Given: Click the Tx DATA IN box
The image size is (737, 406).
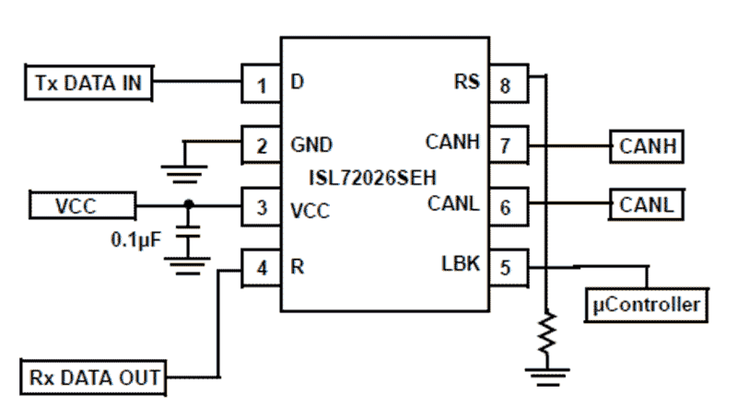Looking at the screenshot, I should (88, 83).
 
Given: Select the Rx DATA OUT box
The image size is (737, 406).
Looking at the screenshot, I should (93, 377).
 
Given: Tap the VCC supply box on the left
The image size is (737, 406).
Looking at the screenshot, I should (82, 206).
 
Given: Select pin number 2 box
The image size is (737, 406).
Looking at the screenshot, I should (261, 145).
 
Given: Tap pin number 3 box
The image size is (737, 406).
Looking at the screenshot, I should (261, 206).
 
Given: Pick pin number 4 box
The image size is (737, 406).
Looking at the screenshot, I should (261, 268).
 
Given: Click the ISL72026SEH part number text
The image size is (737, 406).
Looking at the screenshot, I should (373, 175).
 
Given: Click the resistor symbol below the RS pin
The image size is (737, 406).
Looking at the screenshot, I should (546, 333).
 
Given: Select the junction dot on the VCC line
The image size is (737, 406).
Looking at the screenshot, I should (188, 204).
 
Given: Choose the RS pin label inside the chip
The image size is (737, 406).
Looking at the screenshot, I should (466, 82).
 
